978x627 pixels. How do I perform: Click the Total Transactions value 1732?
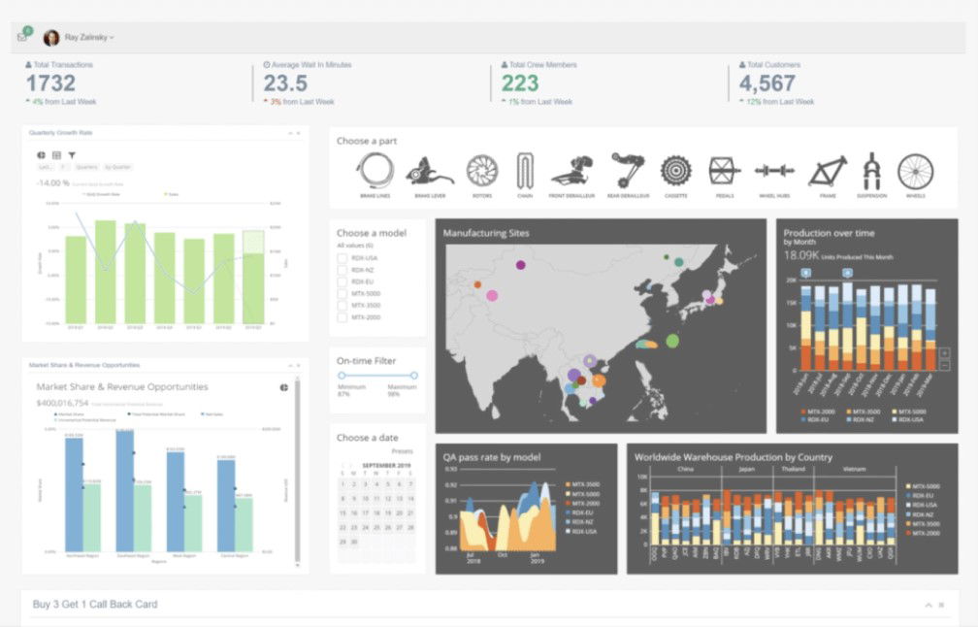(49, 84)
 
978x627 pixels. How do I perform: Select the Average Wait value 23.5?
(285, 84)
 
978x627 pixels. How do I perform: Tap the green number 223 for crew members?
(520, 84)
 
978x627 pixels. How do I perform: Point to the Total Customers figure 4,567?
(767, 84)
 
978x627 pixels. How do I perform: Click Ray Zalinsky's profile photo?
(51, 38)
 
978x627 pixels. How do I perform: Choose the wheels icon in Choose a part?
(915, 172)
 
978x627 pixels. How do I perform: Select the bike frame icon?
(827, 172)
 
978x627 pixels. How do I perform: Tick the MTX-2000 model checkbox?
(342, 317)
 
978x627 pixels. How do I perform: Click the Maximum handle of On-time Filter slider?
(414, 375)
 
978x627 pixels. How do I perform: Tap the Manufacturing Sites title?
(486, 233)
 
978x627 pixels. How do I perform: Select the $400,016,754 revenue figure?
(62, 403)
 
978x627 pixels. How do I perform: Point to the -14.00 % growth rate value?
(51, 182)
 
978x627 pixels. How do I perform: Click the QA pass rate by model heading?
(492, 457)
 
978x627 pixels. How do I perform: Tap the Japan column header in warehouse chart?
(746, 468)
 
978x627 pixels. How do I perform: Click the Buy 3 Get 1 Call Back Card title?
(95, 604)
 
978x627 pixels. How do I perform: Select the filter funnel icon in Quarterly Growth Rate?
(71, 154)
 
